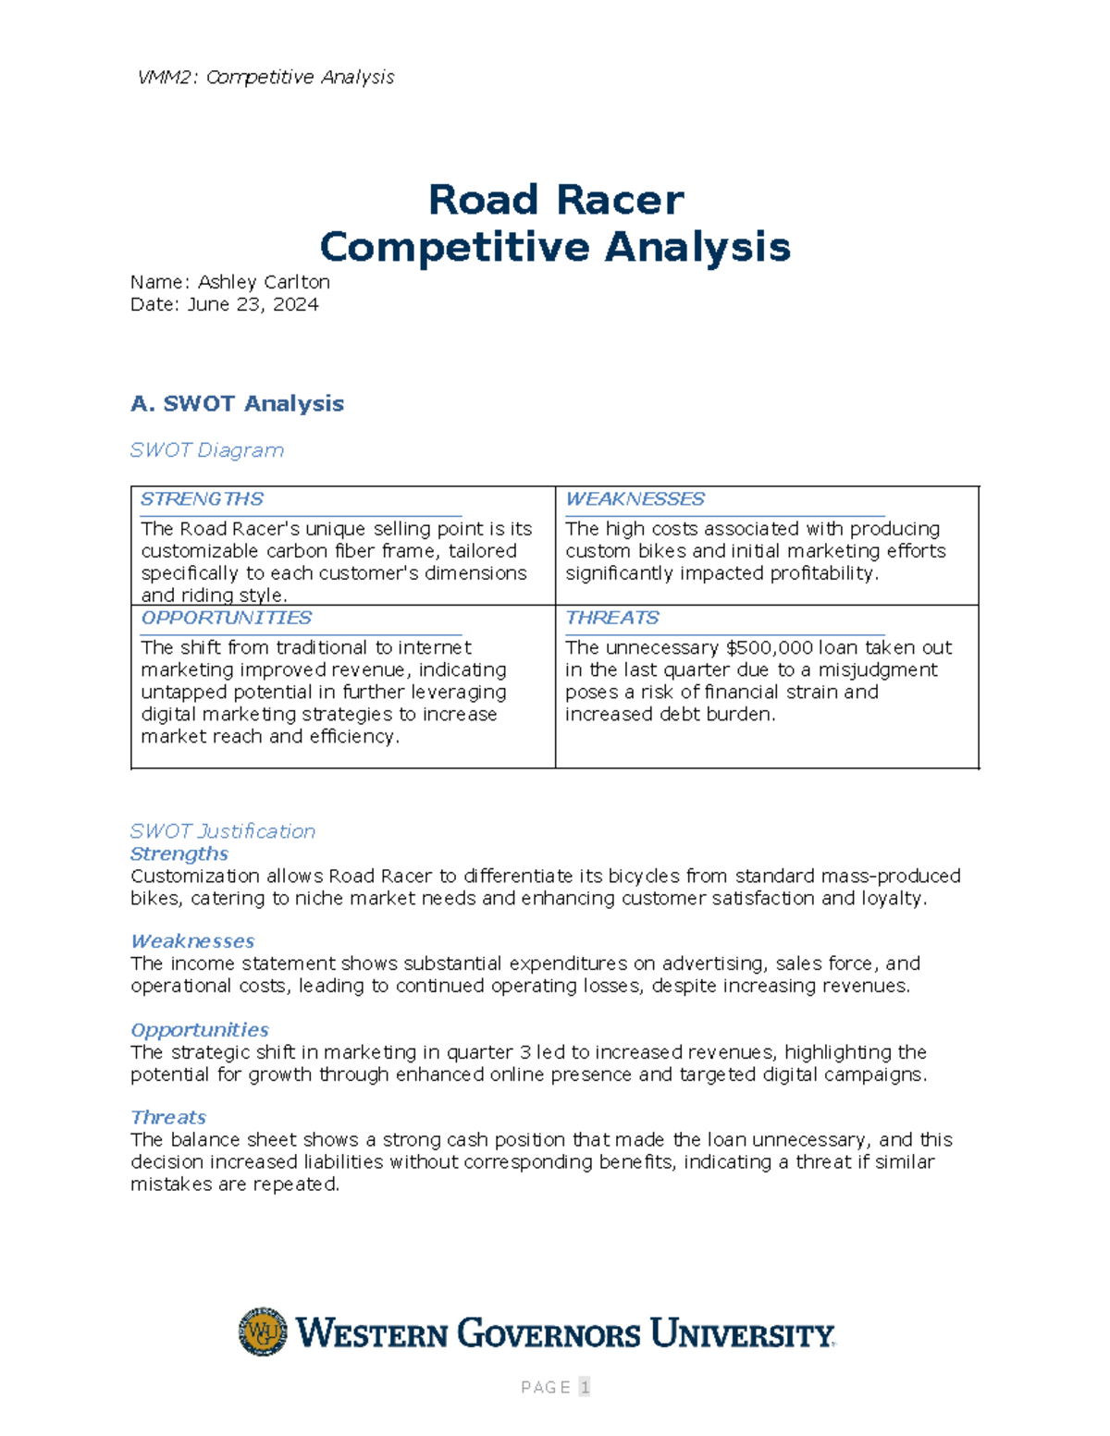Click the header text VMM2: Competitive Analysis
click(x=265, y=77)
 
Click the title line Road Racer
click(x=555, y=200)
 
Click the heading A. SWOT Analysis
click(x=237, y=403)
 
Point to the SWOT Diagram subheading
click(x=206, y=450)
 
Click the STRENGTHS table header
click(x=202, y=499)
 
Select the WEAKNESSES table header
click(x=635, y=499)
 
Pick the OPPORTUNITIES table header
click(x=226, y=618)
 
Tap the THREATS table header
click(x=611, y=618)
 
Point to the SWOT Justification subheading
click(x=222, y=831)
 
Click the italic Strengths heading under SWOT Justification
click(x=179, y=853)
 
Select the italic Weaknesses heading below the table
click(x=192, y=941)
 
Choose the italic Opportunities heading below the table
click(x=199, y=1030)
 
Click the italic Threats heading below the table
click(x=167, y=1118)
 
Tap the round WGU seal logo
click(x=263, y=1332)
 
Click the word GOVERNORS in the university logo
click(x=549, y=1334)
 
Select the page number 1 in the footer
click(x=584, y=1387)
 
